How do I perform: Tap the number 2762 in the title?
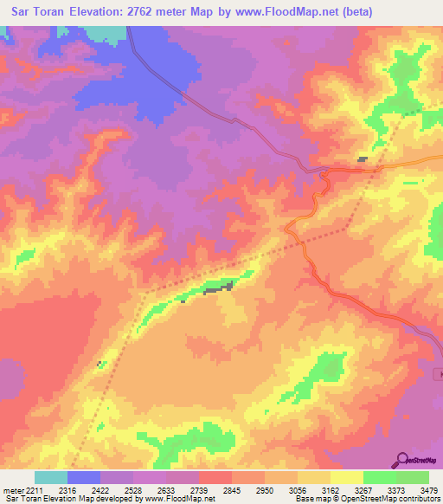(159, 12)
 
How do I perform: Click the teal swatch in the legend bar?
(50, 477)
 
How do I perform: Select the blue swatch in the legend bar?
(83, 477)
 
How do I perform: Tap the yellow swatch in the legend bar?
(346, 477)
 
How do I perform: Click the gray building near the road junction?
(363, 159)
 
